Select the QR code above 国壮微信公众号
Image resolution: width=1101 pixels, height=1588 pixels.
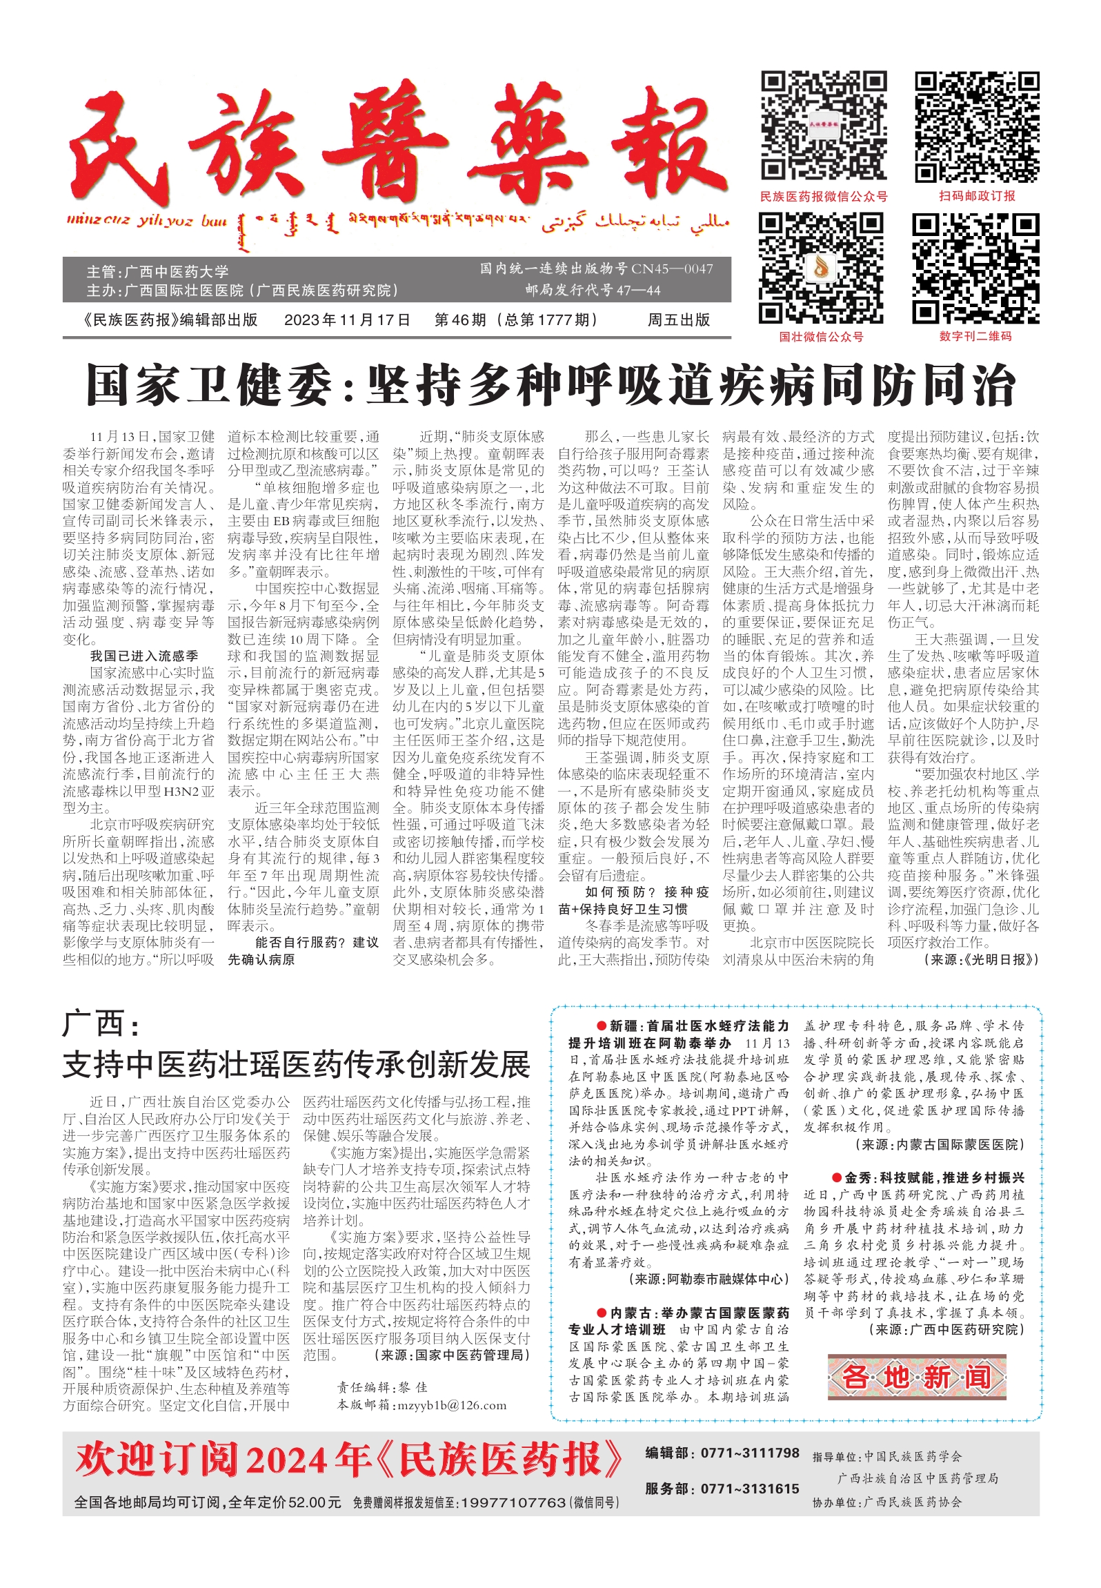[x=821, y=268]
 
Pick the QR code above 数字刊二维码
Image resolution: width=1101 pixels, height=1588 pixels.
[x=975, y=268]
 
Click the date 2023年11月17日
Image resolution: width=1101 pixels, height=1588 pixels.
[x=347, y=320]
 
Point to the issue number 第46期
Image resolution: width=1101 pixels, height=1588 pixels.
[x=460, y=320]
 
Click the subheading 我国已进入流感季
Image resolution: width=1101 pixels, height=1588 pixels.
[x=144, y=656]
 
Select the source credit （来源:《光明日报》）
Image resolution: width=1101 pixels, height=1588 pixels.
[x=980, y=959]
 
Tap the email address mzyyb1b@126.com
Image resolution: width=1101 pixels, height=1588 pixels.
[x=451, y=1405]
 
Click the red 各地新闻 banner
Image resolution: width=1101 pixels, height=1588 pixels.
[x=917, y=1377]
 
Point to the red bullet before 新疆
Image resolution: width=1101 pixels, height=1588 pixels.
[x=602, y=1026]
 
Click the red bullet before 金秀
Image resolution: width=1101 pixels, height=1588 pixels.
[x=837, y=1178]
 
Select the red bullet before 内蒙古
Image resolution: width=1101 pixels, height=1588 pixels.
[x=602, y=1313]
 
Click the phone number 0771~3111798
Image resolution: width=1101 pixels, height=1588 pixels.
[x=750, y=1453]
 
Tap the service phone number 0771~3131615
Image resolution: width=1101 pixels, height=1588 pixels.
[x=750, y=1489]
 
